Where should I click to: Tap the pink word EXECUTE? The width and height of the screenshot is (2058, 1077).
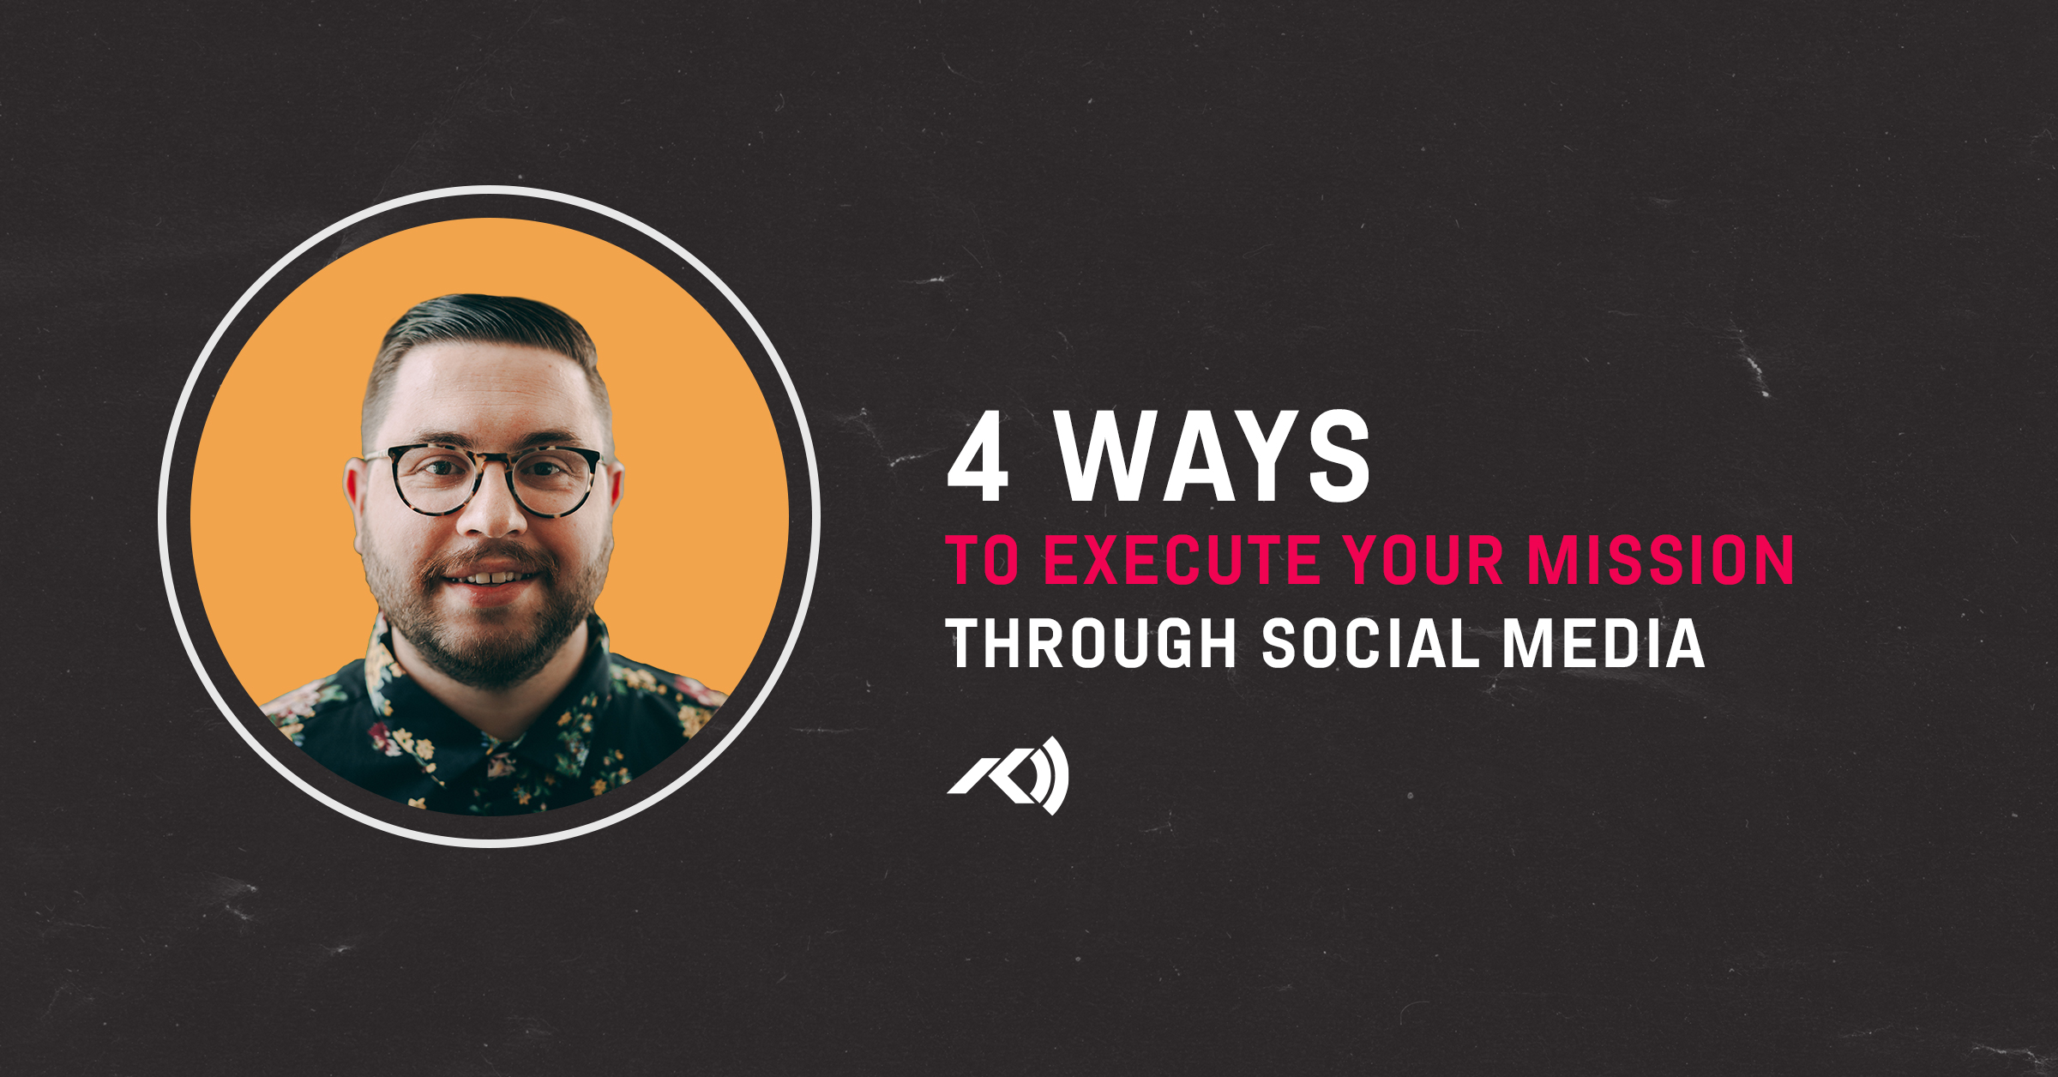coord(1182,560)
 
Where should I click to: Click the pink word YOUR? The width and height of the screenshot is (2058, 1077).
coord(1423,560)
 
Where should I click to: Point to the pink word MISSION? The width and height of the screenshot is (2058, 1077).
coord(1660,560)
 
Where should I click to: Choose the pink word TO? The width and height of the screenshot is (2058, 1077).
coord(983,560)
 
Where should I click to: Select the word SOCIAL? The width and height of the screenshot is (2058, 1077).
coord(1370,643)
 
